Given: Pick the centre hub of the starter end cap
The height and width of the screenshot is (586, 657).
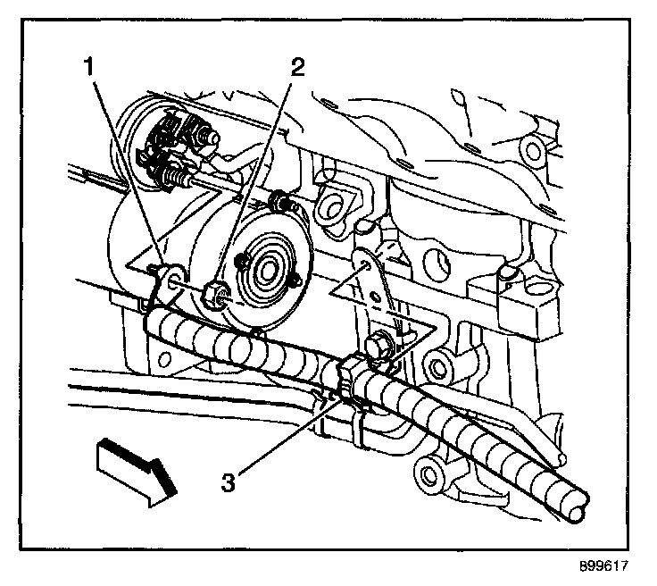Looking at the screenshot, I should point(265,266).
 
